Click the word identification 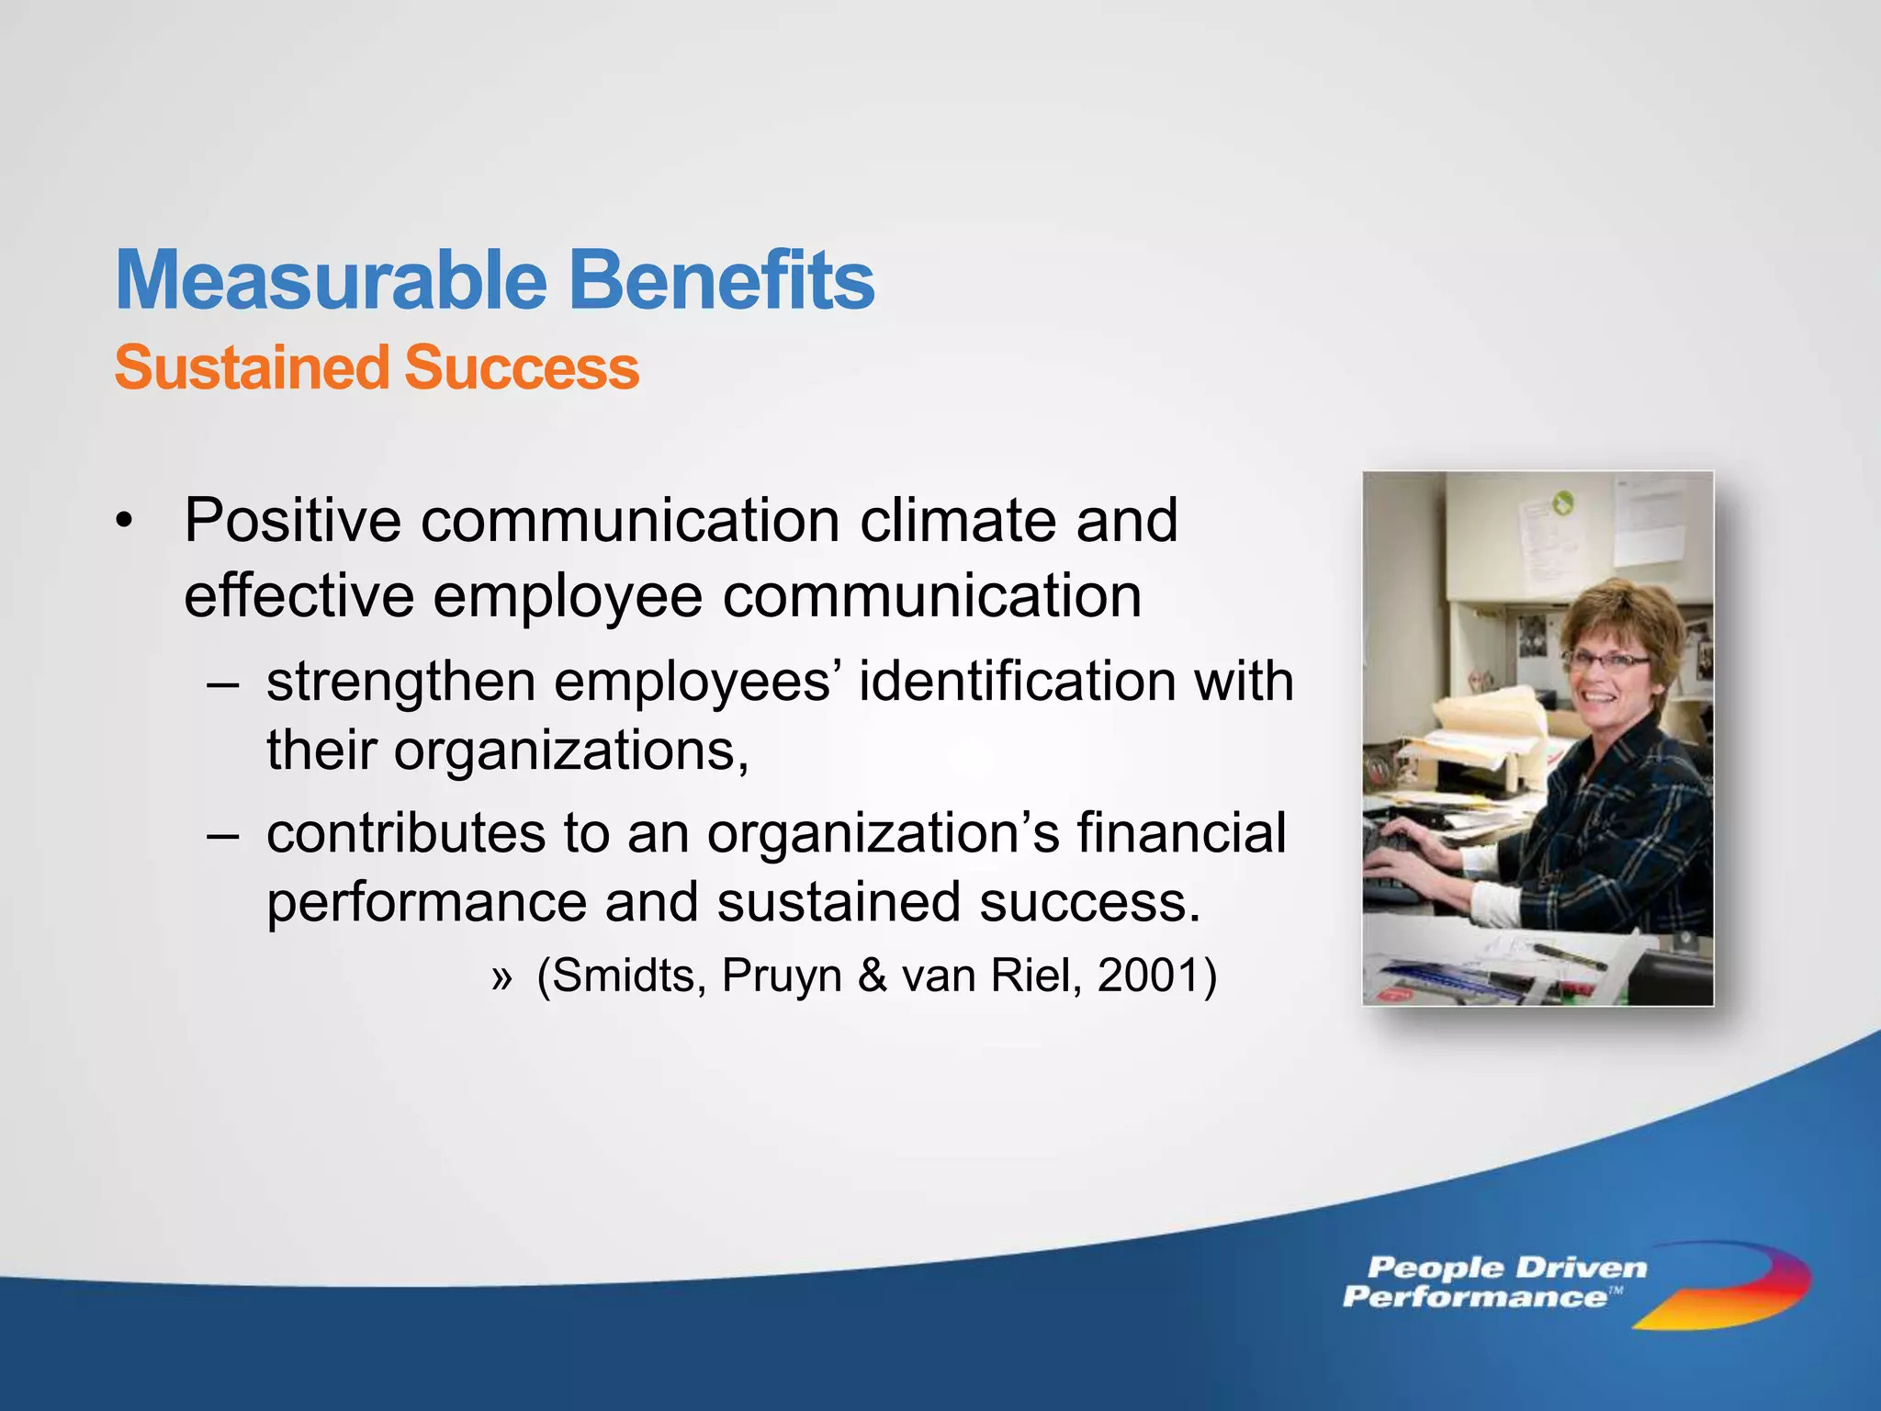click(x=1016, y=682)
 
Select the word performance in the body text click(x=426, y=904)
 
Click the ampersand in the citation click(x=872, y=976)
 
